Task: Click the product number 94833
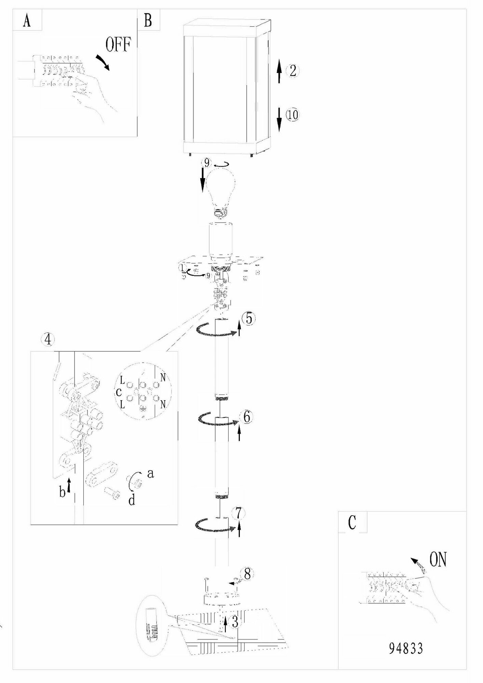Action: (406, 648)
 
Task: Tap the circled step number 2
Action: (292, 71)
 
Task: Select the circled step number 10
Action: (292, 115)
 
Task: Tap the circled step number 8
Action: (247, 574)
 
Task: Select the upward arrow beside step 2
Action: (279, 71)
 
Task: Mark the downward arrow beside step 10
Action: (279, 119)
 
